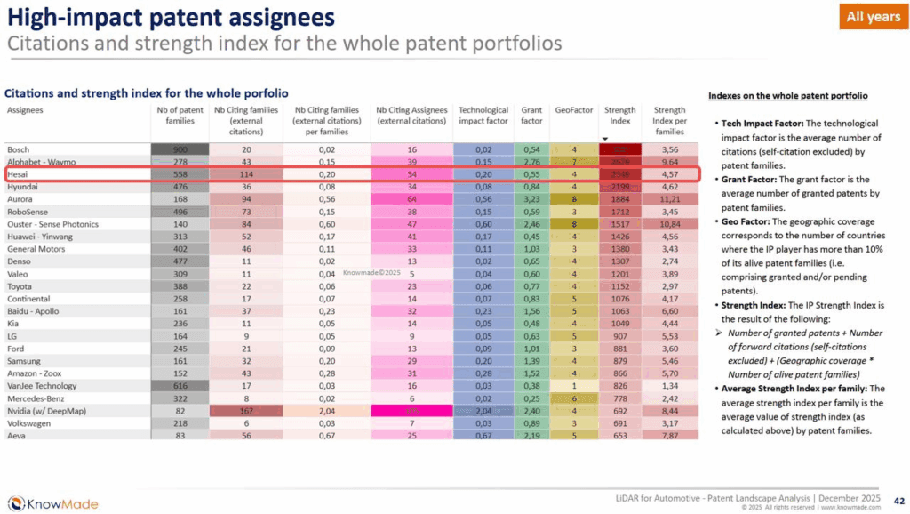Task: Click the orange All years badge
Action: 873,17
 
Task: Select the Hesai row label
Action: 19,174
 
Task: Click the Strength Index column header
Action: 620,116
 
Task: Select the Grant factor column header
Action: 531,116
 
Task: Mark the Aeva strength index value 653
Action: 620,436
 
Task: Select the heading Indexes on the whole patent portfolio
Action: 787,95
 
